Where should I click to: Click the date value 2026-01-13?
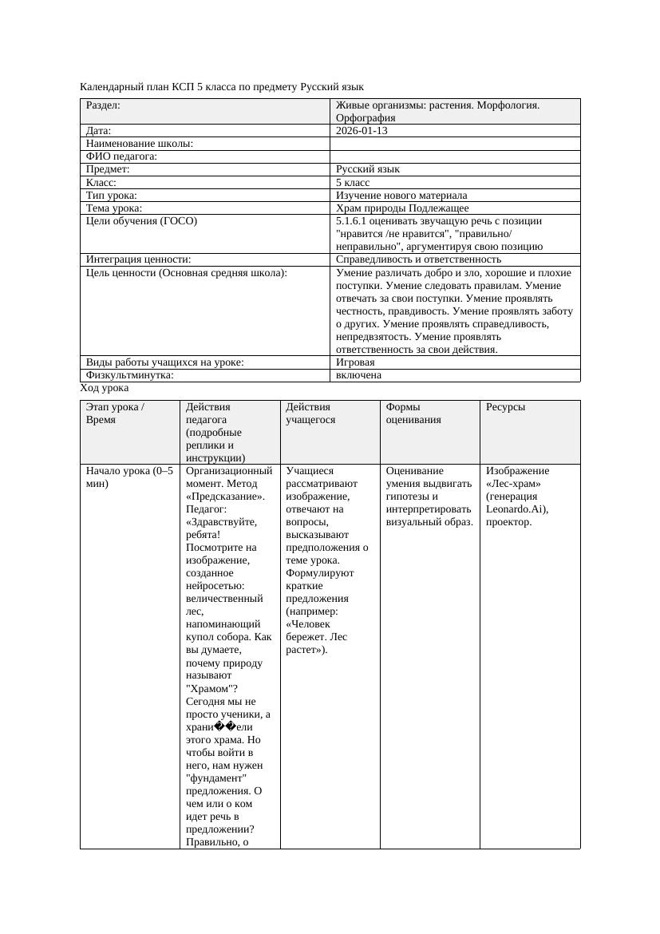(x=362, y=130)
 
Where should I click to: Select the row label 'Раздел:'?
(x=103, y=105)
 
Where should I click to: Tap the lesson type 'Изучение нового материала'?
(x=401, y=195)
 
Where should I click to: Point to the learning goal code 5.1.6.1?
(x=353, y=220)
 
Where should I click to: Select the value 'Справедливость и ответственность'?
(x=418, y=259)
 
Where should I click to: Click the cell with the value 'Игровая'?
(x=355, y=362)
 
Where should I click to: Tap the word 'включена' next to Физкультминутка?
(x=358, y=374)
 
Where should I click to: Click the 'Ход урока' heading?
(x=105, y=387)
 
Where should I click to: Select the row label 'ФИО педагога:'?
(x=121, y=156)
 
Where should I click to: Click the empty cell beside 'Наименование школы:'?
(x=455, y=144)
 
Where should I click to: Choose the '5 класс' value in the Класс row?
(x=353, y=182)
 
